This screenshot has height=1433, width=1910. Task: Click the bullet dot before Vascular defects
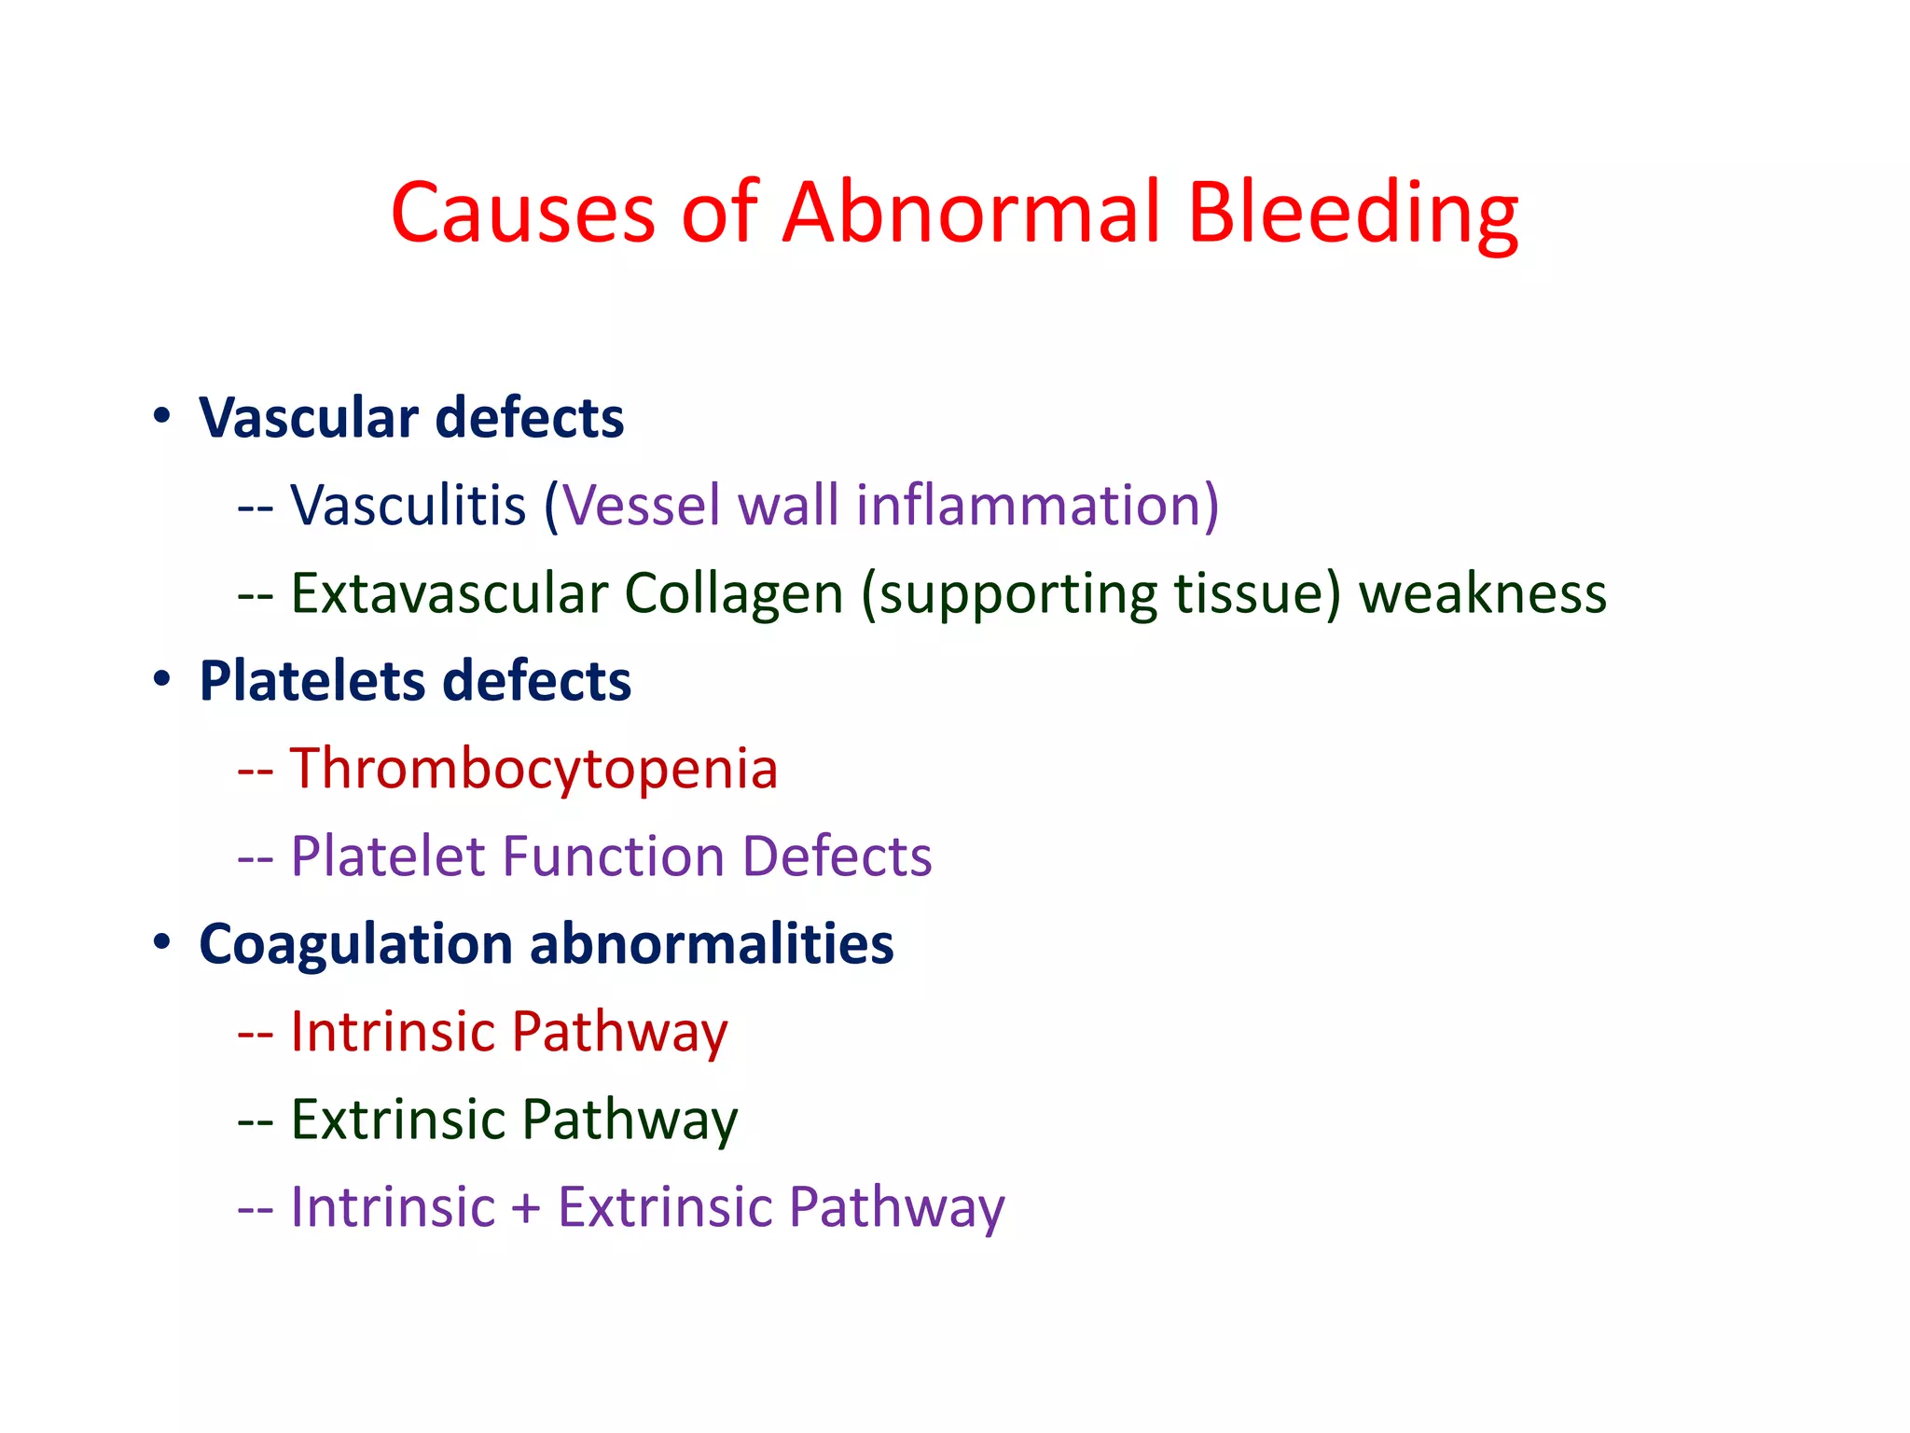(162, 415)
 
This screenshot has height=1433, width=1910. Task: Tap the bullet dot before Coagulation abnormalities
(162, 941)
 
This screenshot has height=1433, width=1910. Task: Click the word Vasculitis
(408, 505)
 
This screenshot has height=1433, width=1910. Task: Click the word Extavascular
(450, 593)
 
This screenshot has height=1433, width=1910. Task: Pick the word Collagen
(733, 593)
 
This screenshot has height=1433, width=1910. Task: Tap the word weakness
(1482, 593)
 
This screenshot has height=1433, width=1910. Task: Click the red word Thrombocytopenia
(533, 769)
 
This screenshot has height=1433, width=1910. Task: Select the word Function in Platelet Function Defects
(613, 856)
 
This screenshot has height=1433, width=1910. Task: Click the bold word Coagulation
(356, 944)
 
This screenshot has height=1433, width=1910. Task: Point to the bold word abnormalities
(712, 943)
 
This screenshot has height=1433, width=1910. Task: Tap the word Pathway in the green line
(630, 1120)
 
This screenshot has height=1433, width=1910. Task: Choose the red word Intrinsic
(393, 1032)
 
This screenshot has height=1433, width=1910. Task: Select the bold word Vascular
(309, 417)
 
